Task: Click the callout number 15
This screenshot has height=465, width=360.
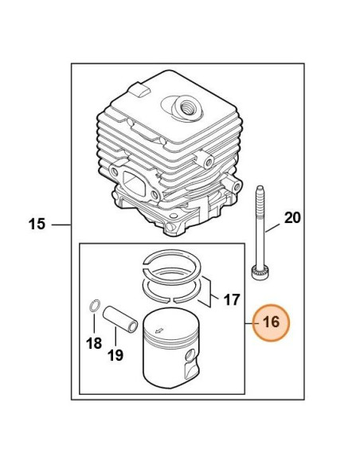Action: (x=37, y=224)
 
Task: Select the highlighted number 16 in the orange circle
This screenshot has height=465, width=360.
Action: (x=271, y=322)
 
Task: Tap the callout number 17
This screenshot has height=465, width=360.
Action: (x=231, y=299)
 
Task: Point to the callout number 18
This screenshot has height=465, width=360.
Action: (x=94, y=343)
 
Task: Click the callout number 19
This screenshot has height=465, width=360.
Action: (x=115, y=355)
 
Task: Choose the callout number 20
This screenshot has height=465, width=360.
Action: (x=292, y=218)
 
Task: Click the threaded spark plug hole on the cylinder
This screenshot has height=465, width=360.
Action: (x=187, y=107)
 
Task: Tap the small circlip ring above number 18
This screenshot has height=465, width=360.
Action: (x=94, y=306)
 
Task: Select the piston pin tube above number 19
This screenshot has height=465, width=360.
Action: (x=120, y=319)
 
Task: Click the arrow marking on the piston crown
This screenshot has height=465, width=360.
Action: (x=159, y=330)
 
